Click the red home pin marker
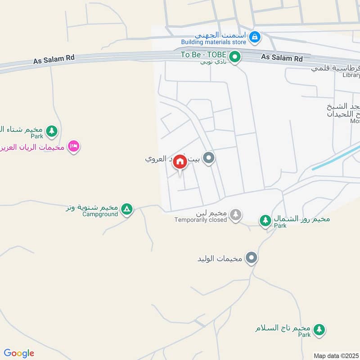click(x=180, y=162)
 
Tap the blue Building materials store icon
click(x=255, y=37)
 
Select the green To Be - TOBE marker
click(x=234, y=57)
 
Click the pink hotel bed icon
click(x=74, y=146)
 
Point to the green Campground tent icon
click(x=127, y=209)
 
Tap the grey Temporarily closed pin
click(x=235, y=215)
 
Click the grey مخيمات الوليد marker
click(x=252, y=258)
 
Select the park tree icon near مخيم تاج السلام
click(x=319, y=329)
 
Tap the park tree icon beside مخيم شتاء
click(x=52, y=131)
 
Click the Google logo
click(x=19, y=353)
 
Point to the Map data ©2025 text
click(x=336, y=355)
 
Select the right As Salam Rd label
click(x=282, y=58)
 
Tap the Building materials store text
click(x=214, y=42)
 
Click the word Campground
click(x=100, y=214)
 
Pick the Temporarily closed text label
click(x=201, y=220)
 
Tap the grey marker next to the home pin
click(x=208, y=158)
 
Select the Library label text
click(x=351, y=75)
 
